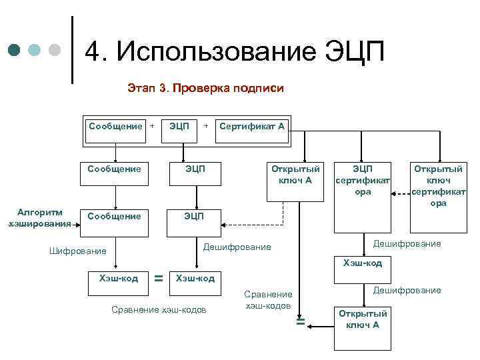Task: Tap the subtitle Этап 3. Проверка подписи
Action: (x=205, y=88)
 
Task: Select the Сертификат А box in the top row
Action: (x=252, y=125)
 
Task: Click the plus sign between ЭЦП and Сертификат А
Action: (x=206, y=125)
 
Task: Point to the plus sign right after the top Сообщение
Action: (x=152, y=125)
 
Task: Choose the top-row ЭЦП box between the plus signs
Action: (x=179, y=125)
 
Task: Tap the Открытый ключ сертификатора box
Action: (x=438, y=185)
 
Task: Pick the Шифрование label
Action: (x=78, y=251)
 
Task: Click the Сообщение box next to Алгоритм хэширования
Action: (x=115, y=217)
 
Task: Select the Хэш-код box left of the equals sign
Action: (x=118, y=279)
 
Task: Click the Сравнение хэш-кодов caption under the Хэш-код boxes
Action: (x=159, y=309)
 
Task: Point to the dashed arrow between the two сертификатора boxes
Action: (x=401, y=194)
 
